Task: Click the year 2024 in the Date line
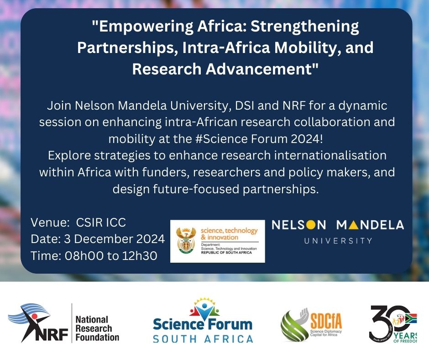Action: (148, 239)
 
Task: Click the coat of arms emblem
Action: (185, 241)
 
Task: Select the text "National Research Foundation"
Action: (97, 328)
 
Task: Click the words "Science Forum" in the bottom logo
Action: (203, 325)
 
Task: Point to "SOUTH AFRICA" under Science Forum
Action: (203, 339)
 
